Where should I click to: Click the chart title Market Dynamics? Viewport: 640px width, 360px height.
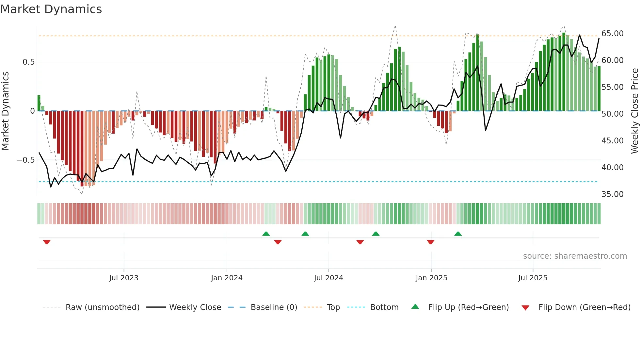click(51, 9)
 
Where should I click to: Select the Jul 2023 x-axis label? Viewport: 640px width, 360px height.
click(124, 278)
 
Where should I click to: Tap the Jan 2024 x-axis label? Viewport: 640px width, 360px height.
click(227, 278)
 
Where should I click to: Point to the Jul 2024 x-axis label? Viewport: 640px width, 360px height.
click(328, 278)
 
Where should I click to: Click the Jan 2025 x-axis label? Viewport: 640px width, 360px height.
click(431, 278)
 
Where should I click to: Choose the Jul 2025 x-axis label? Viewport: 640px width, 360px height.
click(533, 278)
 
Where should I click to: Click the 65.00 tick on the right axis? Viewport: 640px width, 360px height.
click(613, 34)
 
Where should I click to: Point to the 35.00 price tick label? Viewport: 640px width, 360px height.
click(613, 194)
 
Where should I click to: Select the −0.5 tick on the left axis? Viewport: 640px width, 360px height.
click(25, 160)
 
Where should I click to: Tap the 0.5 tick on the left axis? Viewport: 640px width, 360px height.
click(28, 62)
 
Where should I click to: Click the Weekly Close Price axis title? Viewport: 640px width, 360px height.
click(634, 111)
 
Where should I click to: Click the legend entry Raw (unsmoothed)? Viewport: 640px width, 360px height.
click(102, 307)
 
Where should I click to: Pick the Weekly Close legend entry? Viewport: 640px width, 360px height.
click(195, 307)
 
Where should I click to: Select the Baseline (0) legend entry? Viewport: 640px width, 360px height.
click(274, 307)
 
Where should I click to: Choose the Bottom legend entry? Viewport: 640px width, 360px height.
click(384, 307)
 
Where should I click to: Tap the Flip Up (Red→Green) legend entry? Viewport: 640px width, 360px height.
click(468, 307)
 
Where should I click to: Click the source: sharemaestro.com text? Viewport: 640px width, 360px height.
click(575, 256)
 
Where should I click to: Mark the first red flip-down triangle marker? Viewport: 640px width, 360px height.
click(47, 242)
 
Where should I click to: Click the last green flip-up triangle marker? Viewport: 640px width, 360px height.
click(458, 234)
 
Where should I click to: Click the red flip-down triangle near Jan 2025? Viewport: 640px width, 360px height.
click(430, 242)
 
